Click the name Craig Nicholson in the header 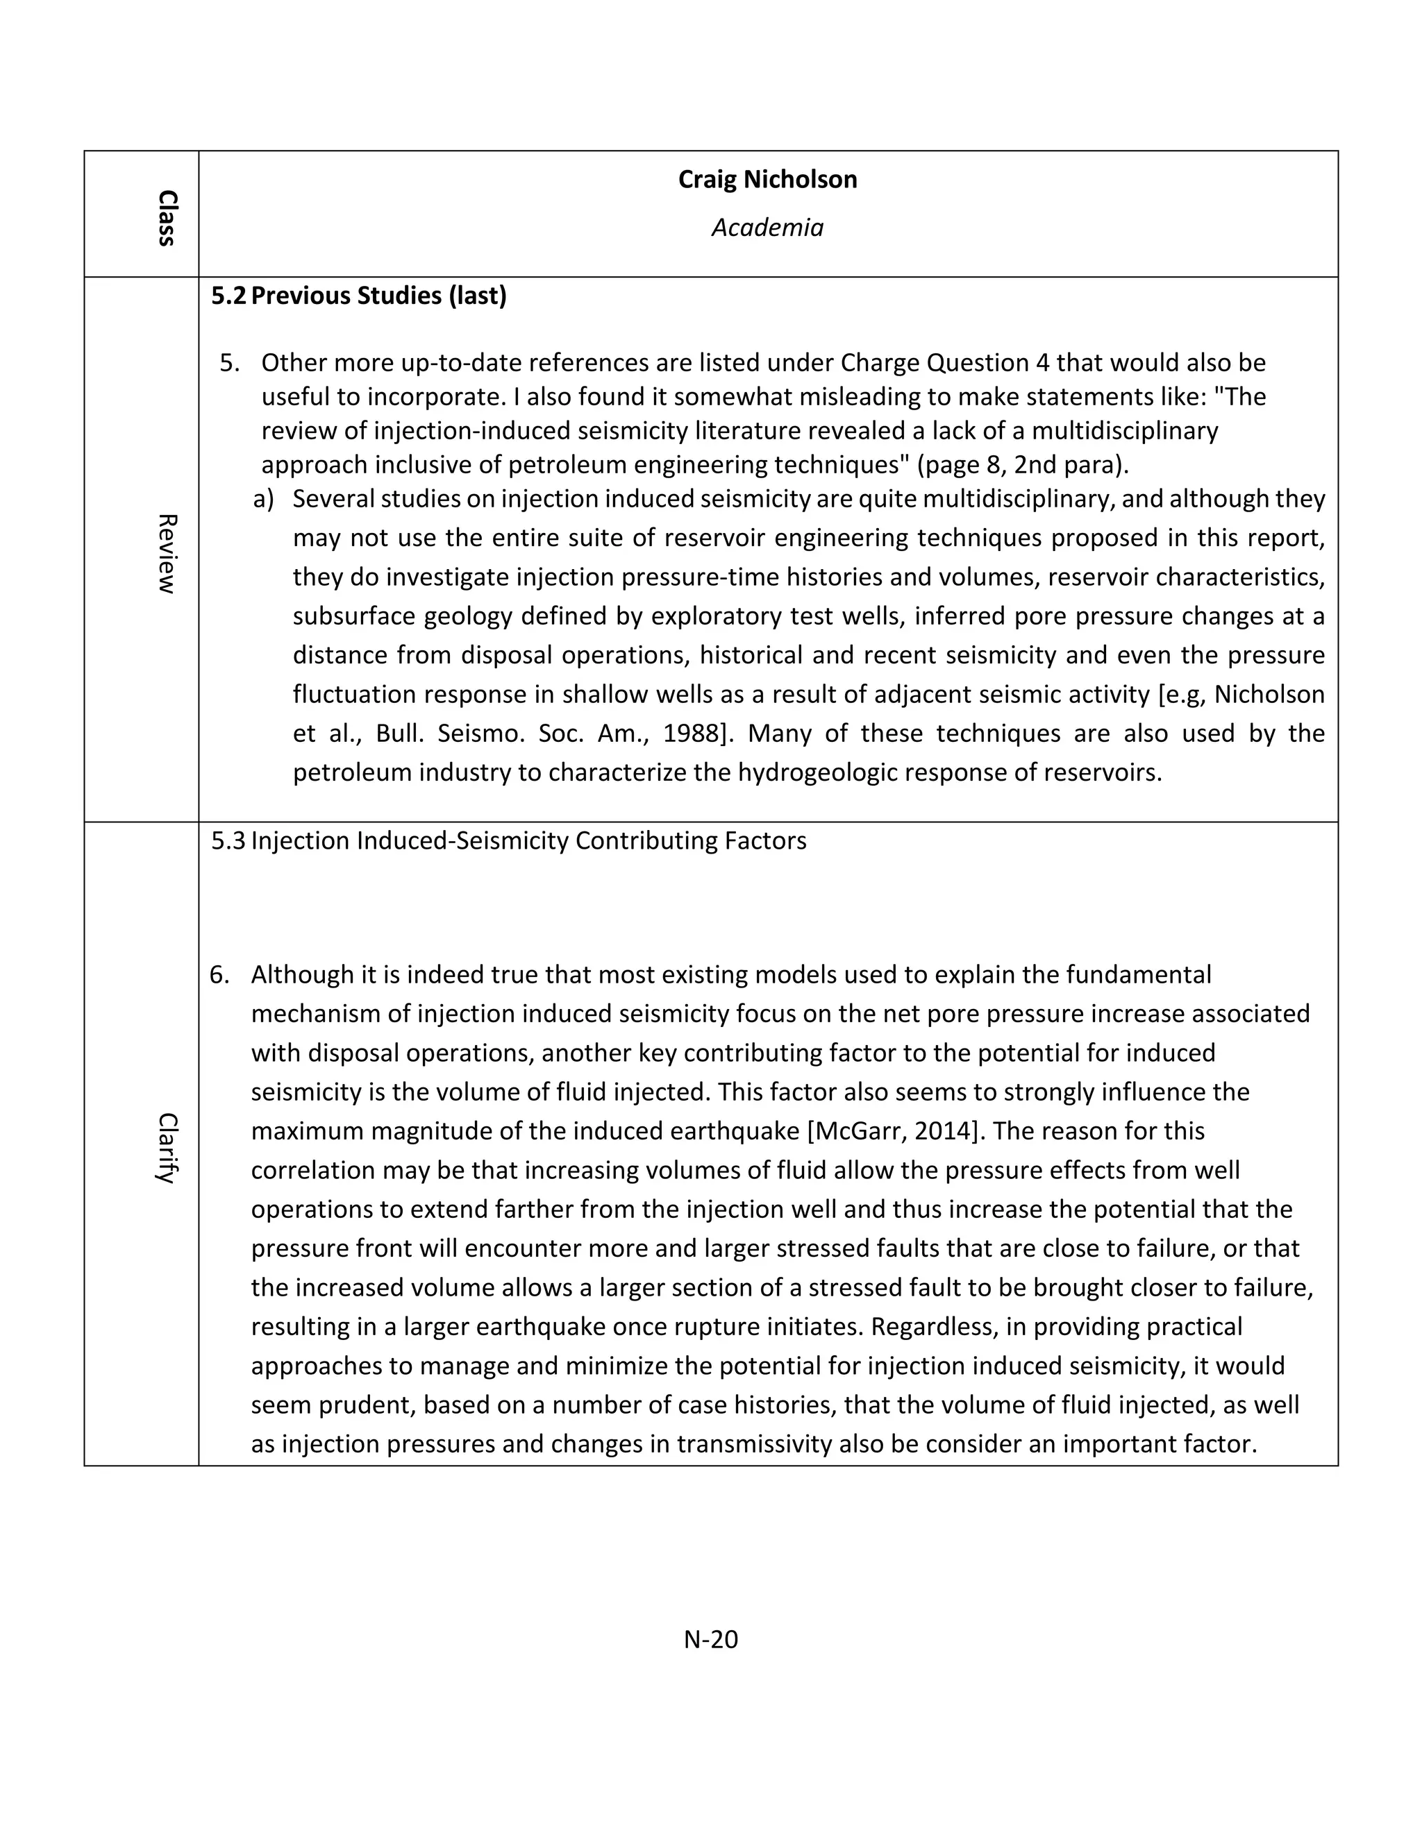pos(767,179)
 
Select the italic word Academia pos(767,228)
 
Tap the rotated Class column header pos(167,218)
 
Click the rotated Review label pos(167,554)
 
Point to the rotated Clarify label pos(167,1148)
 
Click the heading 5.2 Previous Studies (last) pos(359,296)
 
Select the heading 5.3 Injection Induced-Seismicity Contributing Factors pos(509,840)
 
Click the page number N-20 pos(710,1639)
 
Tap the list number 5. pos(229,363)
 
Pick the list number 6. pos(219,974)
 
